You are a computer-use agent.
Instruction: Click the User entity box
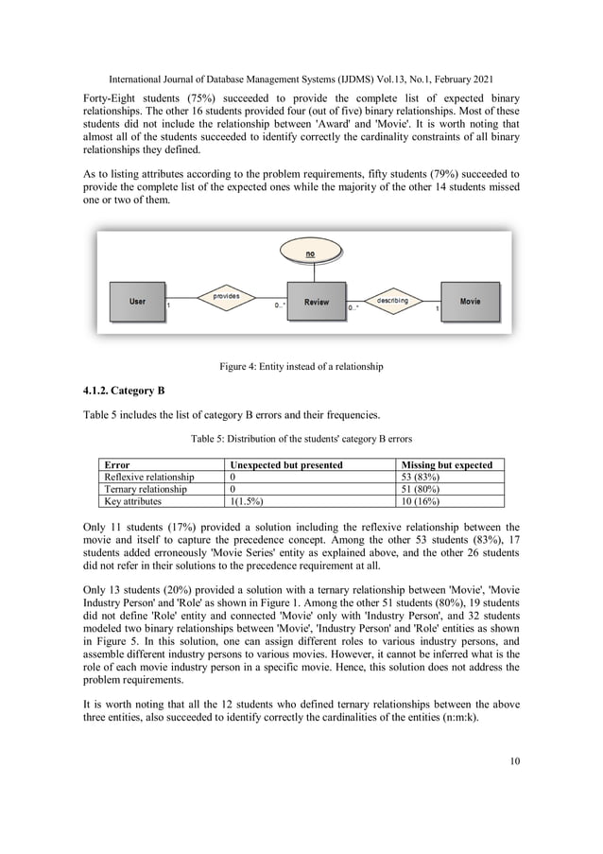click(x=138, y=302)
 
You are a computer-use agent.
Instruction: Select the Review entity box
click(x=317, y=302)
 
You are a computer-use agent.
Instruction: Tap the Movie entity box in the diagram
click(x=470, y=302)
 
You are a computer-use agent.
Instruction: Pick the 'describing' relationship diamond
click(x=392, y=301)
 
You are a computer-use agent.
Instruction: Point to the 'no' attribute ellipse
click(x=310, y=254)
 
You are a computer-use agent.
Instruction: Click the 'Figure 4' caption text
click(x=301, y=366)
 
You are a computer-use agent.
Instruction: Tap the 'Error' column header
click(x=117, y=465)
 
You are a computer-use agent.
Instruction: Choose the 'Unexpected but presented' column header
click(x=286, y=465)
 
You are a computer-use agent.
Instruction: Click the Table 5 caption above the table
click(x=301, y=438)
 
